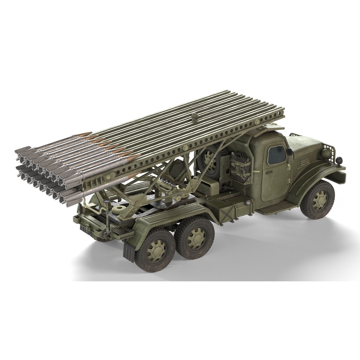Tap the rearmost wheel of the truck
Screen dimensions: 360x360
155,250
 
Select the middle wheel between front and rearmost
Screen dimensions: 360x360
195,237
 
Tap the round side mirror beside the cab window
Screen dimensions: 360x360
289,152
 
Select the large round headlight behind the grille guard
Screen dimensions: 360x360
326,153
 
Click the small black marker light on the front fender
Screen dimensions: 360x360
339,160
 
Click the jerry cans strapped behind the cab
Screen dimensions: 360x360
241,165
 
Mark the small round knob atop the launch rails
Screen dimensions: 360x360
194,116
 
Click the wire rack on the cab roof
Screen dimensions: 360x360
295,135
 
